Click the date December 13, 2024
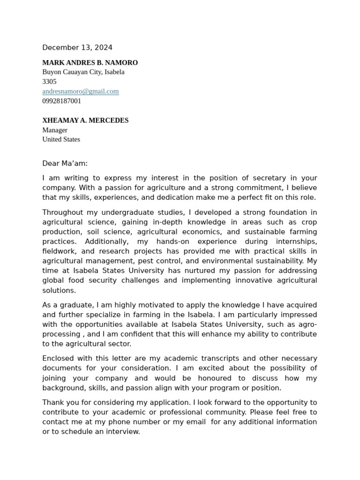77,47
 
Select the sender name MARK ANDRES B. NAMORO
90,62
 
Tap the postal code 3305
49,82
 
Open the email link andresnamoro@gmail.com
80,91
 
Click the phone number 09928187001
61,101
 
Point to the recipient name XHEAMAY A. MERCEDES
85,120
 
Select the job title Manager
55,130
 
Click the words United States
61,139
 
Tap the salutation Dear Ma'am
65,164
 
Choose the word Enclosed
58,359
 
